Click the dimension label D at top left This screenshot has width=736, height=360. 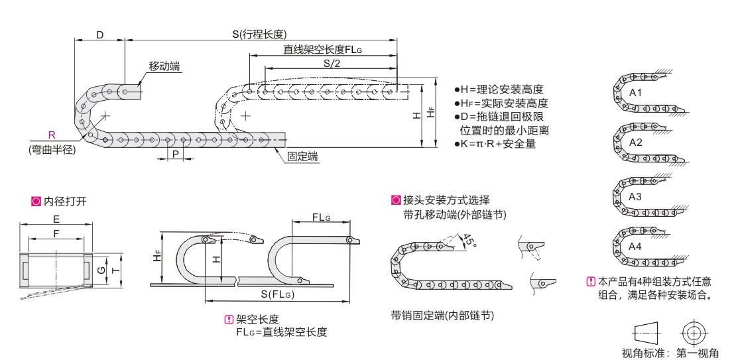click(99, 34)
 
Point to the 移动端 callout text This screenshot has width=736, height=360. click(165, 66)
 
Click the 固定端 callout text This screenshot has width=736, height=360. click(302, 156)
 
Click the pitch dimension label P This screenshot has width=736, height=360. click(175, 153)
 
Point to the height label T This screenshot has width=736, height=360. click(115, 270)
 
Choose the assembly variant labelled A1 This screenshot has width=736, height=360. click(635, 92)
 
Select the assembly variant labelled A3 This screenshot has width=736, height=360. click(635, 197)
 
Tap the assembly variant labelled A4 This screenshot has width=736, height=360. click(635, 247)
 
